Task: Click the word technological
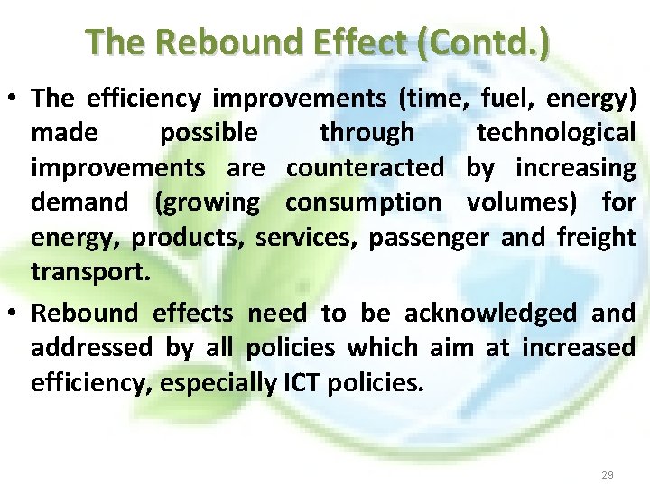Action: (556, 133)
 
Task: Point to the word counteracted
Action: (365, 167)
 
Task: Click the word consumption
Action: (363, 202)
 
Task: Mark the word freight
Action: (596, 238)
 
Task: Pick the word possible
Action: (209, 133)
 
